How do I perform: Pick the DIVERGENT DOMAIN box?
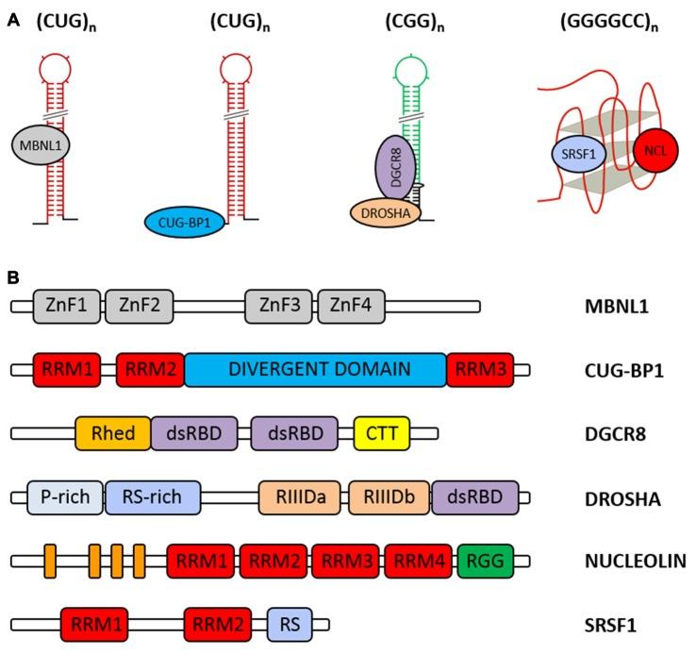click(316, 369)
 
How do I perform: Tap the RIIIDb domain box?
click(389, 496)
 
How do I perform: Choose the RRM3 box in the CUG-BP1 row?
click(480, 369)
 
